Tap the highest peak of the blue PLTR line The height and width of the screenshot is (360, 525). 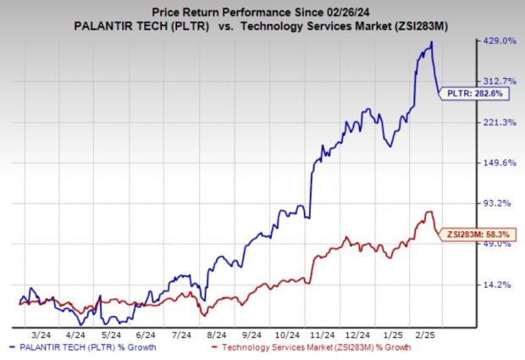[x=432, y=42]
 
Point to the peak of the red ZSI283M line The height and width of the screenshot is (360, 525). [x=430, y=212]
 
